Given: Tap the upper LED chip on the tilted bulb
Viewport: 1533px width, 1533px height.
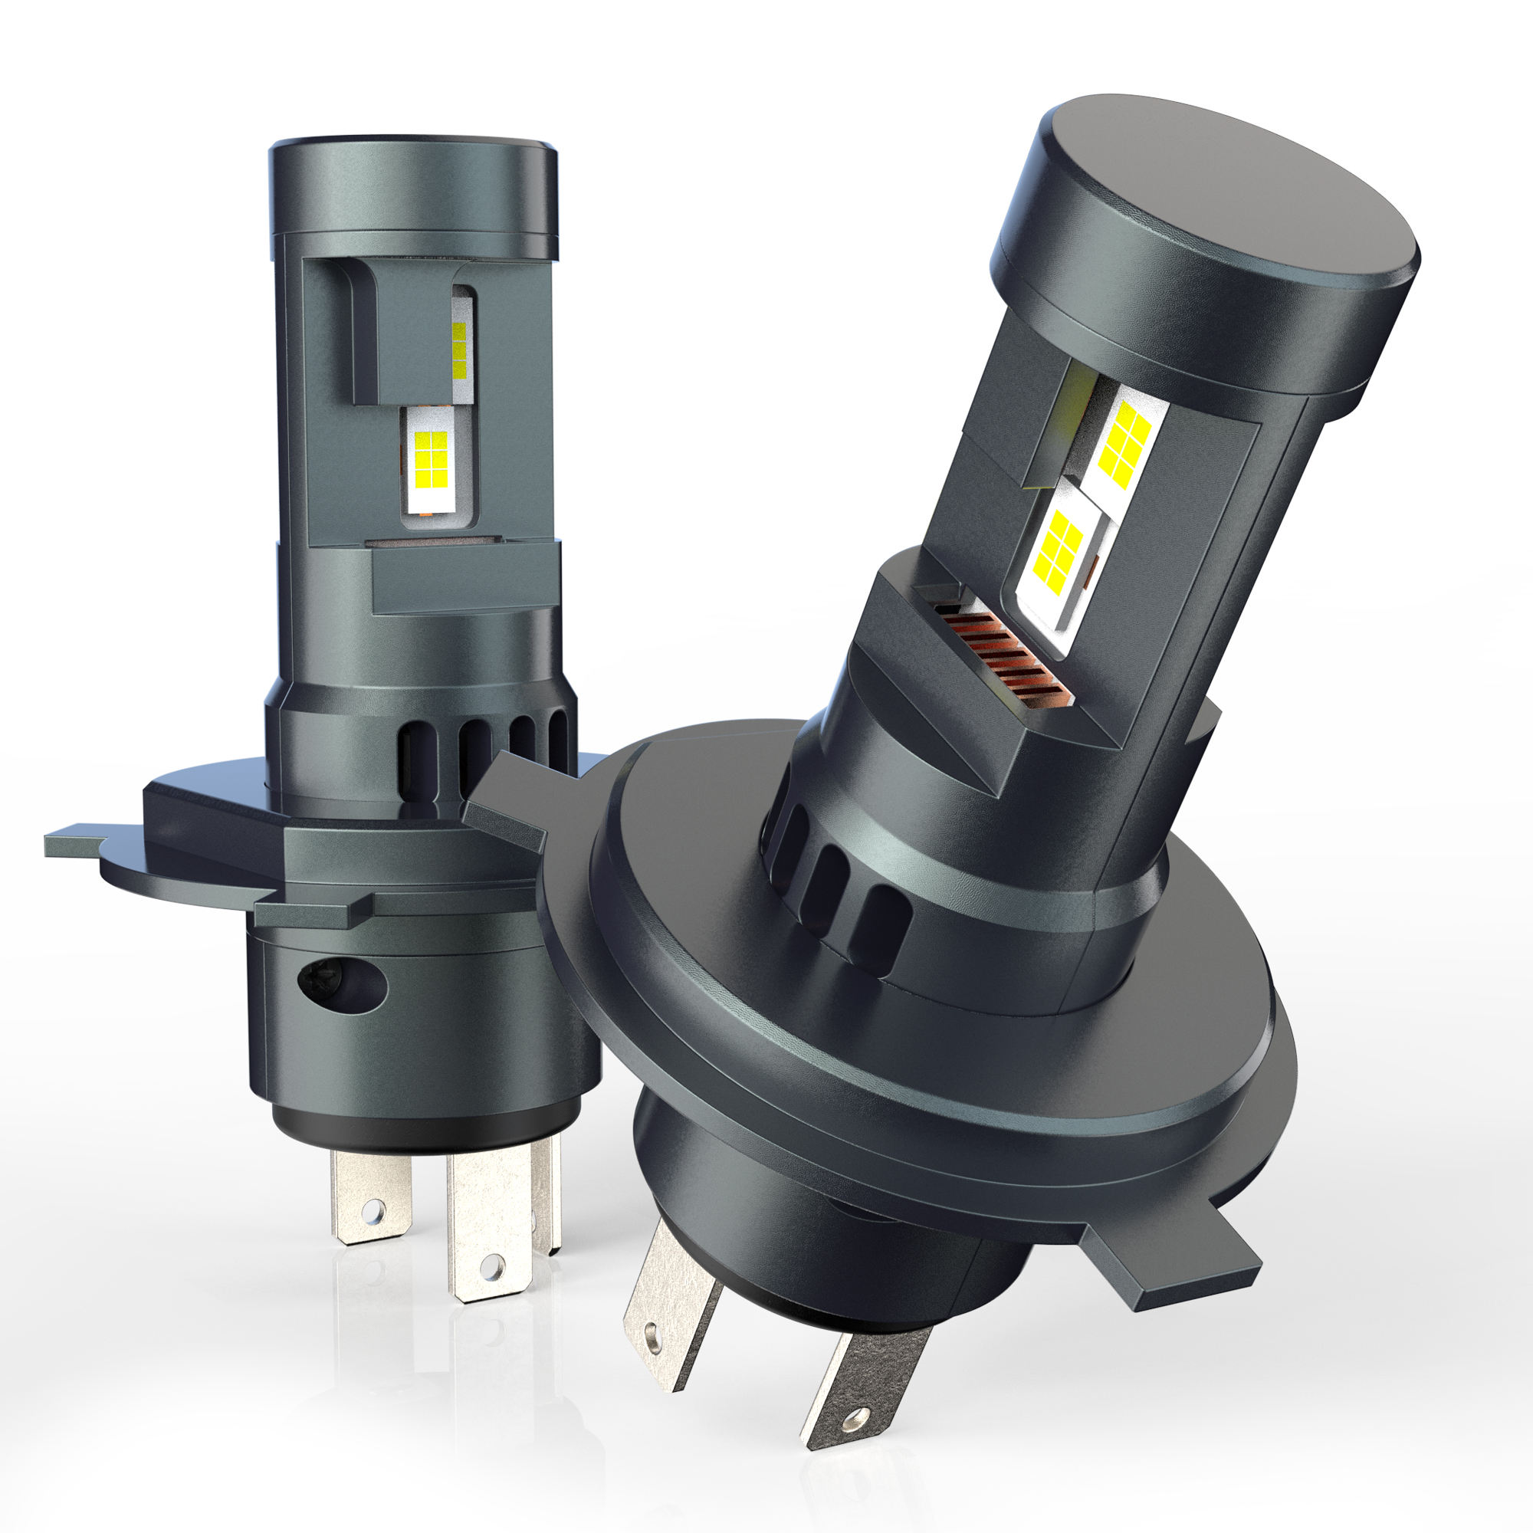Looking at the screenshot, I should pyautogui.click(x=1124, y=442).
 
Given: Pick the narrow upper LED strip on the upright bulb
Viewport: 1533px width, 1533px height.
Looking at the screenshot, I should pyautogui.click(x=459, y=349).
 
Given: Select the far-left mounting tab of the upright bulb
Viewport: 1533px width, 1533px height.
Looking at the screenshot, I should pyautogui.click(x=75, y=842).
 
